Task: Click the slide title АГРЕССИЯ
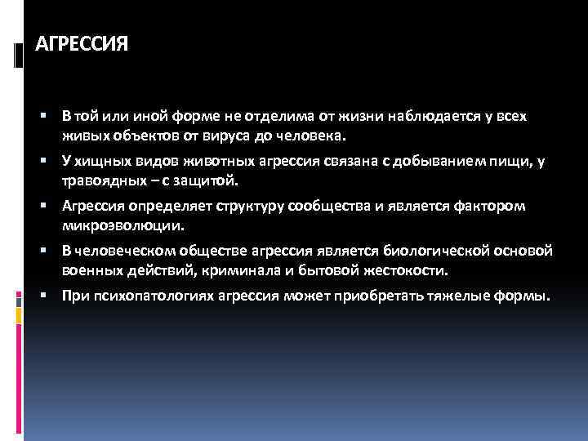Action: (x=82, y=42)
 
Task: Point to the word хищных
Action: (x=98, y=161)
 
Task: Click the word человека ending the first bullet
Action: (x=314, y=134)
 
